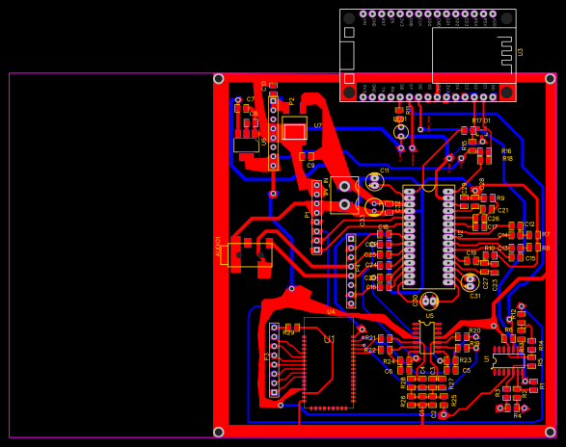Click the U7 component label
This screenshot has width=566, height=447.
[x=317, y=126]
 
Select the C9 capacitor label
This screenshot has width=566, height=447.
[x=310, y=166]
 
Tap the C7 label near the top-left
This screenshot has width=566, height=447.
[x=251, y=99]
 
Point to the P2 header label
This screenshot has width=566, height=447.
[x=292, y=100]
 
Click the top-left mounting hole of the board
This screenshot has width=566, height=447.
[x=219, y=79]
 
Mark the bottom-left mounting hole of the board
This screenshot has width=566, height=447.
[x=219, y=432]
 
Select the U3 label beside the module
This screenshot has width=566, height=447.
[x=521, y=52]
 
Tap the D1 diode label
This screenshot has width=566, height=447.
[x=488, y=120]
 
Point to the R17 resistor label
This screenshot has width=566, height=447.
[x=476, y=120]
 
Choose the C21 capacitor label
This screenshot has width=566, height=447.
[x=503, y=210]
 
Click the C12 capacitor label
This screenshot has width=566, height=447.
[x=529, y=224]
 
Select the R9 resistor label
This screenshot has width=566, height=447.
[x=499, y=197]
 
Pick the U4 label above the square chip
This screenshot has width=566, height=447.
[x=331, y=311]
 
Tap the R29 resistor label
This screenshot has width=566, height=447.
[x=288, y=332]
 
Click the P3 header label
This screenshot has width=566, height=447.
[x=267, y=356]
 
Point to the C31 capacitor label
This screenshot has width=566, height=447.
[x=474, y=296]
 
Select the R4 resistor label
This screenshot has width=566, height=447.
[x=517, y=415]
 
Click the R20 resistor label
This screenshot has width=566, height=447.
[x=473, y=330]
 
